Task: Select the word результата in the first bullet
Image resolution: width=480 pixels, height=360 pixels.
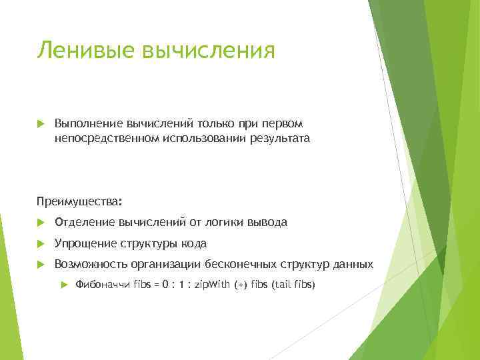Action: coord(279,139)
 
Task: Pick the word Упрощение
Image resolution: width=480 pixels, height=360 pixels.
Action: coord(86,243)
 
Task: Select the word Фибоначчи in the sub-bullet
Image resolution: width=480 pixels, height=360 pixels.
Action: coord(103,285)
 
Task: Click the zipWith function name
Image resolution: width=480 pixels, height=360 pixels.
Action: coord(209,285)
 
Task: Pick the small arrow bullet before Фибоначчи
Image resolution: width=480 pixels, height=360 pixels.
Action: coord(64,285)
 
